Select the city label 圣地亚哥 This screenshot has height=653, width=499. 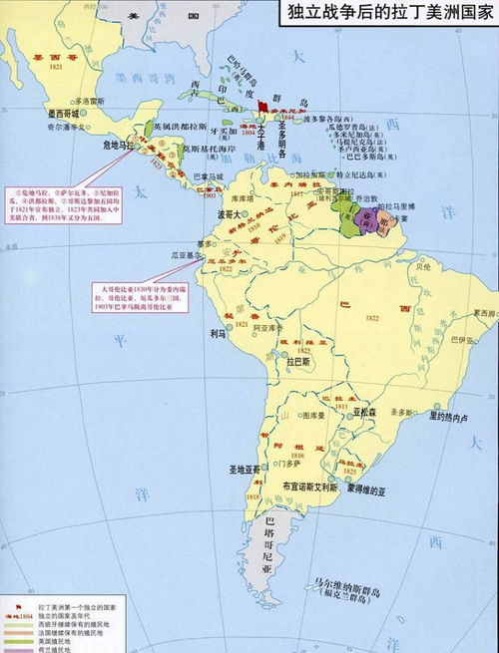pos(243,468)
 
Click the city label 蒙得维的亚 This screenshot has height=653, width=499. pos(373,490)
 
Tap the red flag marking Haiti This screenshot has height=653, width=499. pos(262,105)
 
